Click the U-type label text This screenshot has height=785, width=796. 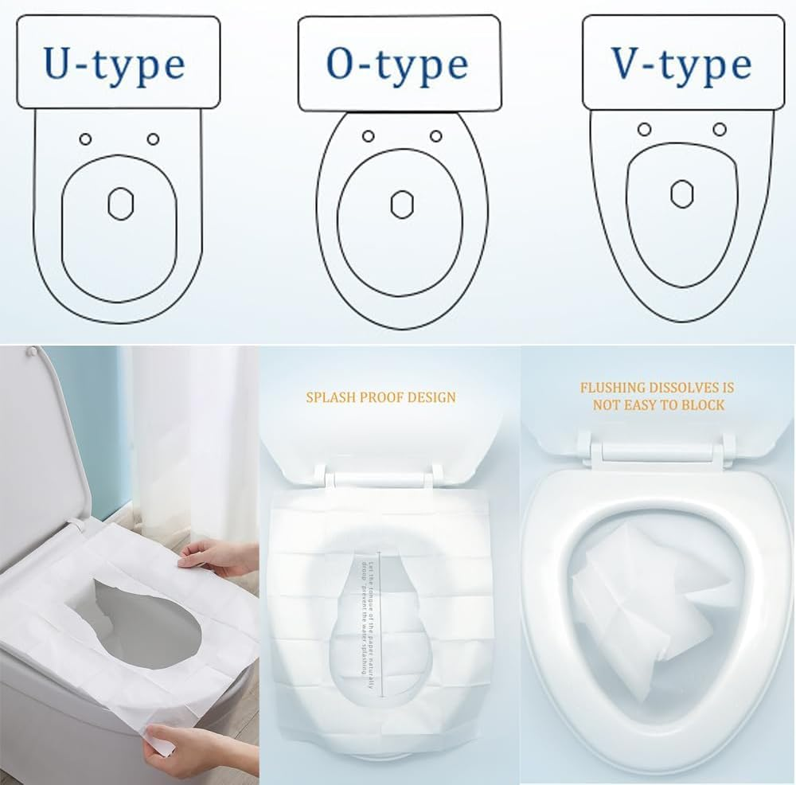pyautogui.click(x=115, y=64)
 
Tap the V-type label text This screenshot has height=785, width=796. pyautogui.click(x=681, y=64)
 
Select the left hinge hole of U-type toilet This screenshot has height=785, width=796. pyautogui.click(x=85, y=139)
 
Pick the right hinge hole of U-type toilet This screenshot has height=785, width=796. pyautogui.click(x=153, y=139)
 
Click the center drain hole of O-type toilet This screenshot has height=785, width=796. pyautogui.click(x=400, y=204)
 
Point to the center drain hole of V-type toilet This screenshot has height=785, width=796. pyautogui.click(x=681, y=193)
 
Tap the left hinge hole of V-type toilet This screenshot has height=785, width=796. pyautogui.click(x=645, y=129)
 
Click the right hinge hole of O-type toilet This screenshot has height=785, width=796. pyautogui.click(x=435, y=136)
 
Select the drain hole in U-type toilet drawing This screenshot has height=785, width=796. pyautogui.click(x=119, y=203)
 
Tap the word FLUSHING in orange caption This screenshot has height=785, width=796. pyautogui.click(x=612, y=388)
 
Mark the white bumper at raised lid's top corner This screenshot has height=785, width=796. pyautogui.click(x=32, y=350)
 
